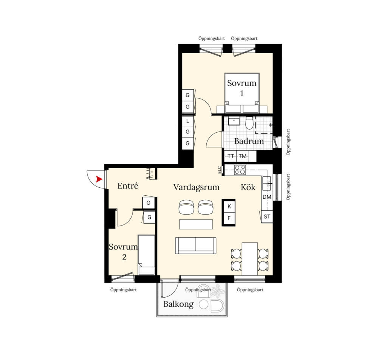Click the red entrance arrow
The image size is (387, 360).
[x=99, y=179]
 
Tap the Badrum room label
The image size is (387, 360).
[x=249, y=141]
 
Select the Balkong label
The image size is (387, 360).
[x=178, y=304]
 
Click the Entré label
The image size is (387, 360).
[x=128, y=185]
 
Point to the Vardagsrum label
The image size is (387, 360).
[x=197, y=187]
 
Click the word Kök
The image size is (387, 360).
[x=248, y=187]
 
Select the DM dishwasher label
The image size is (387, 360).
[x=267, y=197]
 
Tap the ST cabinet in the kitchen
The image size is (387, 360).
[x=267, y=217]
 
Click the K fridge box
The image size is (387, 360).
[x=229, y=206]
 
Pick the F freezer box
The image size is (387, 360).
[x=229, y=218]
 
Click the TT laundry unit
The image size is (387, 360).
[x=231, y=156]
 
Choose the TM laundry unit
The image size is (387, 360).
[x=243, y=156]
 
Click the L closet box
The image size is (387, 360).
[x=187, y=121]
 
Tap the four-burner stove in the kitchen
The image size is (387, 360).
[x=240, y=170]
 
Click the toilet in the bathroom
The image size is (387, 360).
[x=249, y=123]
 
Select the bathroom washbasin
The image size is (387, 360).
[x=234, y=121]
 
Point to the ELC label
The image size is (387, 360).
[x=220, y=170]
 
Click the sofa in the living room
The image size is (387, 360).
[x=196, y=246]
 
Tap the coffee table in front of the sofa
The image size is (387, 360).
[x=196, y=224]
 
